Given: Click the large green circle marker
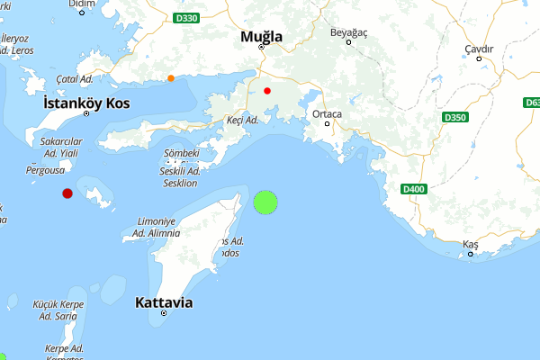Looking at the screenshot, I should click(265, 202).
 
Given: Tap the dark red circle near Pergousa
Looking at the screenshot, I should click(67, 193).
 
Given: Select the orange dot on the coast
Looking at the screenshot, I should click(170, 78).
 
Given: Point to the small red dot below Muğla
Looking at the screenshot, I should click(267, 91).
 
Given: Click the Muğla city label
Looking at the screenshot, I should click(261, 37).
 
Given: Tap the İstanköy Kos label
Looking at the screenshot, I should click(86, 103).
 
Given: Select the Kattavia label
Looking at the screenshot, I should click(164, 302).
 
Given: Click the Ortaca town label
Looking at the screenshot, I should click(327, 114).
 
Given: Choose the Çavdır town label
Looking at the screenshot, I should click(478, 48).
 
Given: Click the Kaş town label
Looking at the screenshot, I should click(470, 245).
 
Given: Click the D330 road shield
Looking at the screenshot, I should click(185, 17).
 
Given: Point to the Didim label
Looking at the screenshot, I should click(82, 4).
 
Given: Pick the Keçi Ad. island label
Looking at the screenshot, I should click(243, 120).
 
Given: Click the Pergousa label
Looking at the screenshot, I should click(45, 169).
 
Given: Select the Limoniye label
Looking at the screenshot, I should click(155, 221).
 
